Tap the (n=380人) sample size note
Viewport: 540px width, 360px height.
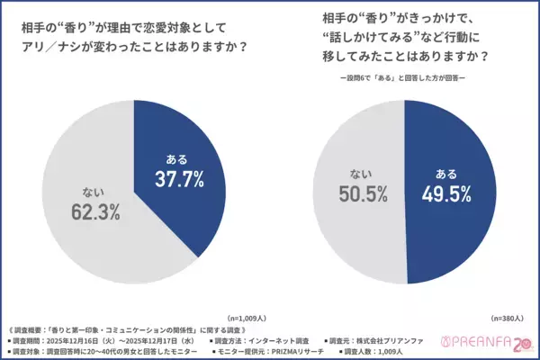click(x=507, y=318)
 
